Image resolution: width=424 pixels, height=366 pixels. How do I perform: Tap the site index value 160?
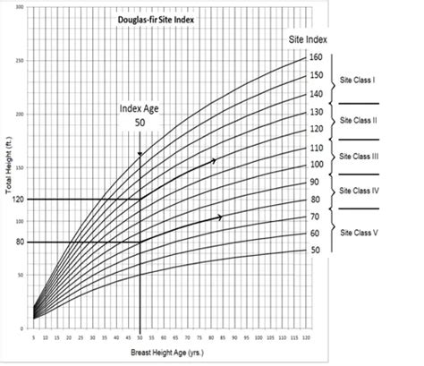tap(316, 57)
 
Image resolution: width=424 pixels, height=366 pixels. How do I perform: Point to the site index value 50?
tap(316, 250)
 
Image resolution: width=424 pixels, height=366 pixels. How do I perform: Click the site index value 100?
tap(316, 165)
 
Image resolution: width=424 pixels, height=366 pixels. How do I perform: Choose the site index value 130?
tap(316, 112)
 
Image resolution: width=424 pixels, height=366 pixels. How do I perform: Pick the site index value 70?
tap(316, 217)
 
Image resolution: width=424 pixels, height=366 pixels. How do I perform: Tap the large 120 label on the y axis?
tap(14, 199)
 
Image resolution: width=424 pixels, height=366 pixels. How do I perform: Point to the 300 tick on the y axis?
tap(20, 7)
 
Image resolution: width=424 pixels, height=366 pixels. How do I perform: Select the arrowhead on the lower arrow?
tap(219, 217)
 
